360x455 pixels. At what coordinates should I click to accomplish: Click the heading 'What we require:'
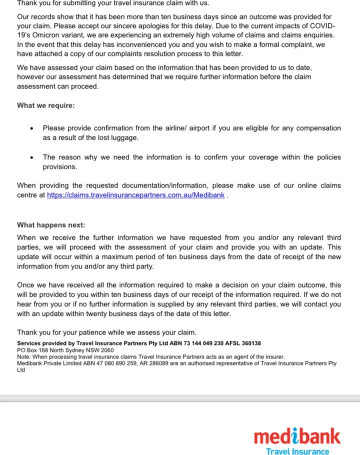pos(46,105)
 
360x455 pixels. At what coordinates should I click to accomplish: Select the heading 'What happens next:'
pos(51,225)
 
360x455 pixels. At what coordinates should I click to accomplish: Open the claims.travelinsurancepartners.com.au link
pos(136,195)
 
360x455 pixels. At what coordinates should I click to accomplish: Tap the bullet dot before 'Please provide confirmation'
pos(31,128)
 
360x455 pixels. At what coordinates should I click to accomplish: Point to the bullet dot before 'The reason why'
pos(31,157)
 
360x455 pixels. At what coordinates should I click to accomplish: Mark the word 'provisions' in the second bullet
pos(59,167)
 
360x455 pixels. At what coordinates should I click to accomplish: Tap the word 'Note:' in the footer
pos(24,357)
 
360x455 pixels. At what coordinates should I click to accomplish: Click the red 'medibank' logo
pos(297,436)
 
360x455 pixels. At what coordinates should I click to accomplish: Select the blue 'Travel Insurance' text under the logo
pos(297,451)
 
